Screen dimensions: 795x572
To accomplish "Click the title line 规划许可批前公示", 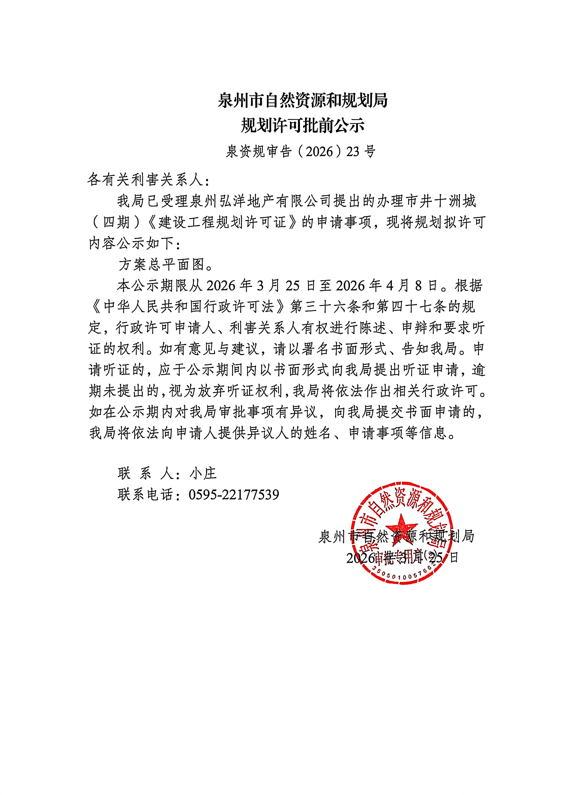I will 302,126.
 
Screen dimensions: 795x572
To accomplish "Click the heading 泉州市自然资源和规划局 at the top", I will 302,101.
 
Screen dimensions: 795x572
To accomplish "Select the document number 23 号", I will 361,152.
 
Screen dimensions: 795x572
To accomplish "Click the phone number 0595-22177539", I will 234,495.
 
